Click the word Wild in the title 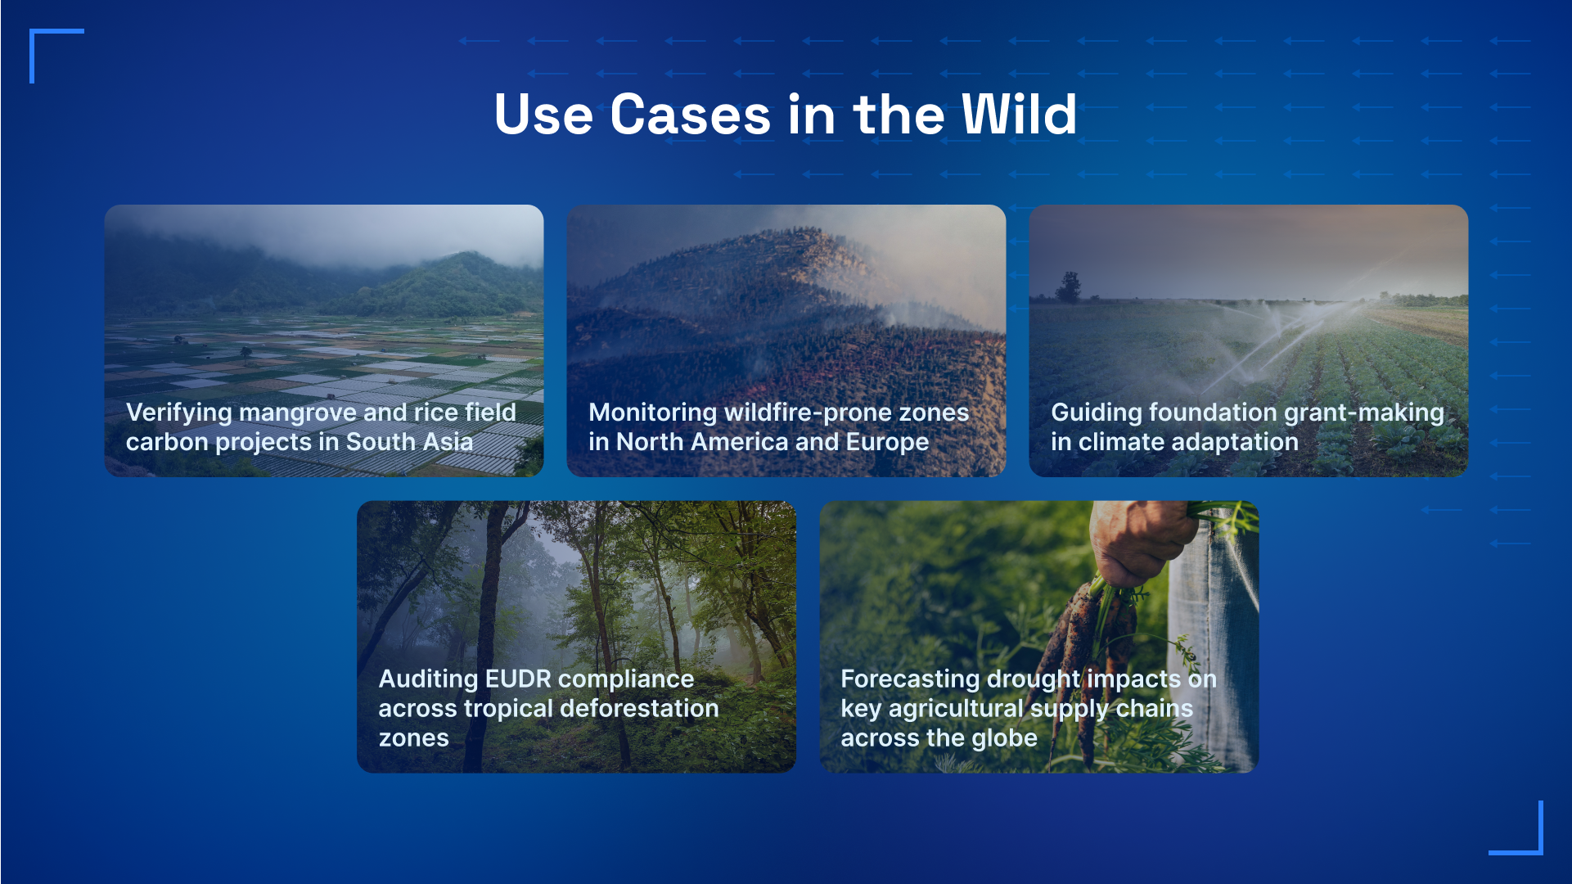coord(1019,114)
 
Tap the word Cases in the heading coord(690,114)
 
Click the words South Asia coord(409,442)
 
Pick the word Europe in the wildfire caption coord(887,443)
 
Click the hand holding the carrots coord(1142,540)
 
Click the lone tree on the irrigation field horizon coord(1068,286)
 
